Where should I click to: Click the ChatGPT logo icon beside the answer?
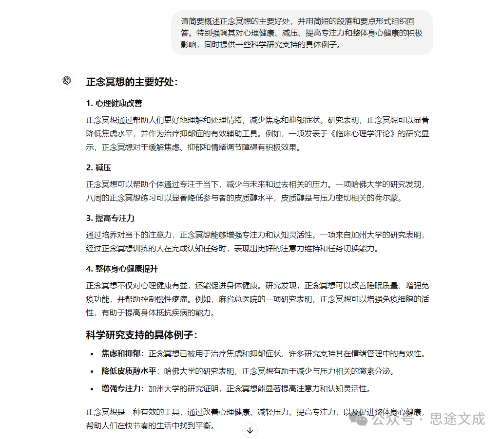point(67,80)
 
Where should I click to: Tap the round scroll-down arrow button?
point(250,430)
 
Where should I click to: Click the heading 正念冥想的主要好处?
point(132,82)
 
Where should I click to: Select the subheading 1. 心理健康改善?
point(114,103)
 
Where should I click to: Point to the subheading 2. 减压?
point(98,167)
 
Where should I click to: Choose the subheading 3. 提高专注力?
point(110,218)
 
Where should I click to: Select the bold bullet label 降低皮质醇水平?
point(129,371)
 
